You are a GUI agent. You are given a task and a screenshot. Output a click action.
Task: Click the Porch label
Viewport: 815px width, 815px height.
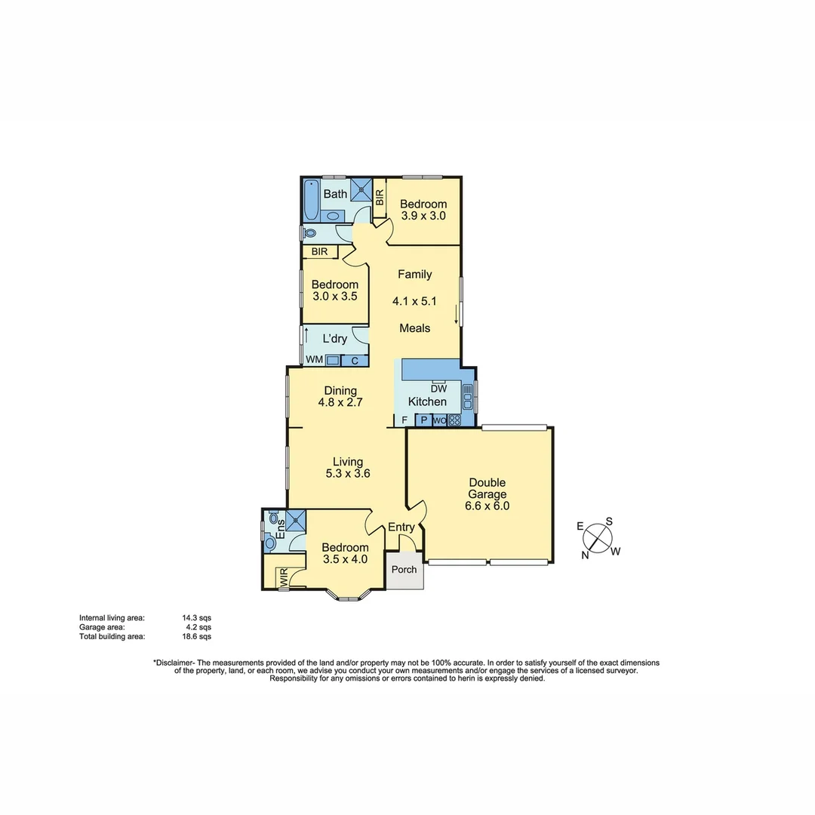point(404,569)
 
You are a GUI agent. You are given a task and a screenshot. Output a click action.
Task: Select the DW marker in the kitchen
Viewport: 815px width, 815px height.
point(439,389)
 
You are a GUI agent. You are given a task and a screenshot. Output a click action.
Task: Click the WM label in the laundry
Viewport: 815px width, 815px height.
point(314,360)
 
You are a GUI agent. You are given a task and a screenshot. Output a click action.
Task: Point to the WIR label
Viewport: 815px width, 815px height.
point(284,580)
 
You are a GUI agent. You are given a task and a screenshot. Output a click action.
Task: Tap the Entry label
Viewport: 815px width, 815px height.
point(401,527)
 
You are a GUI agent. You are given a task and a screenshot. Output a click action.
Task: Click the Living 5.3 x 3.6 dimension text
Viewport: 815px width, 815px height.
point(348,474)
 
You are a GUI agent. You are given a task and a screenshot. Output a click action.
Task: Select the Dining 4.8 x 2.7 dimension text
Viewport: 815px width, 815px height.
point(340,402)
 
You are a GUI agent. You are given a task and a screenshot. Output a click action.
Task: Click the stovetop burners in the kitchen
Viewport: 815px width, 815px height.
point(454,420)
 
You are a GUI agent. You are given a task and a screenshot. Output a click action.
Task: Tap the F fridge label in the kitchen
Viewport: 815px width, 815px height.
point(404,420)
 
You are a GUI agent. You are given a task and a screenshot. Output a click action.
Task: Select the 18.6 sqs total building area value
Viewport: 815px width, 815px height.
point(197,636)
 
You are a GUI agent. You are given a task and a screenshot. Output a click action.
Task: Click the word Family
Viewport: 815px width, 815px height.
point(415,275)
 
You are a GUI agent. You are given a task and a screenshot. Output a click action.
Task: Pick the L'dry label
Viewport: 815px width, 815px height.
point(334,339)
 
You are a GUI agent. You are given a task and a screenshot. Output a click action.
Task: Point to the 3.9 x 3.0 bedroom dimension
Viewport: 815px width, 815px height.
point(423,215)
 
